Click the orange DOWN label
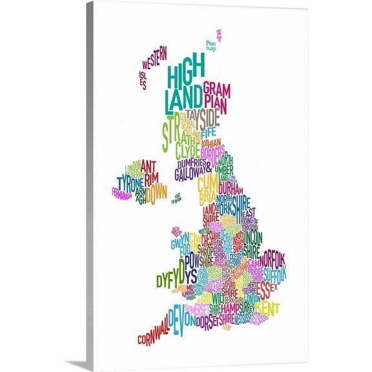tap(156, 192)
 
